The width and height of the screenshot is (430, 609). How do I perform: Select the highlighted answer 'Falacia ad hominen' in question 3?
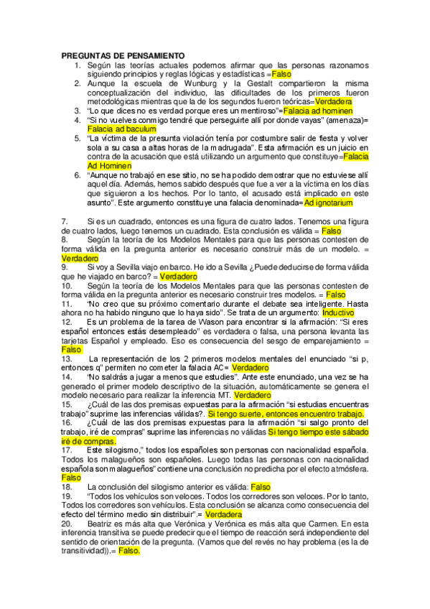point(318,111)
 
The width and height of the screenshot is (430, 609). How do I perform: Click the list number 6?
point(77,175)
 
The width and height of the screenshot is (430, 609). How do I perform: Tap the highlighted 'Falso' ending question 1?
point(281,74)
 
